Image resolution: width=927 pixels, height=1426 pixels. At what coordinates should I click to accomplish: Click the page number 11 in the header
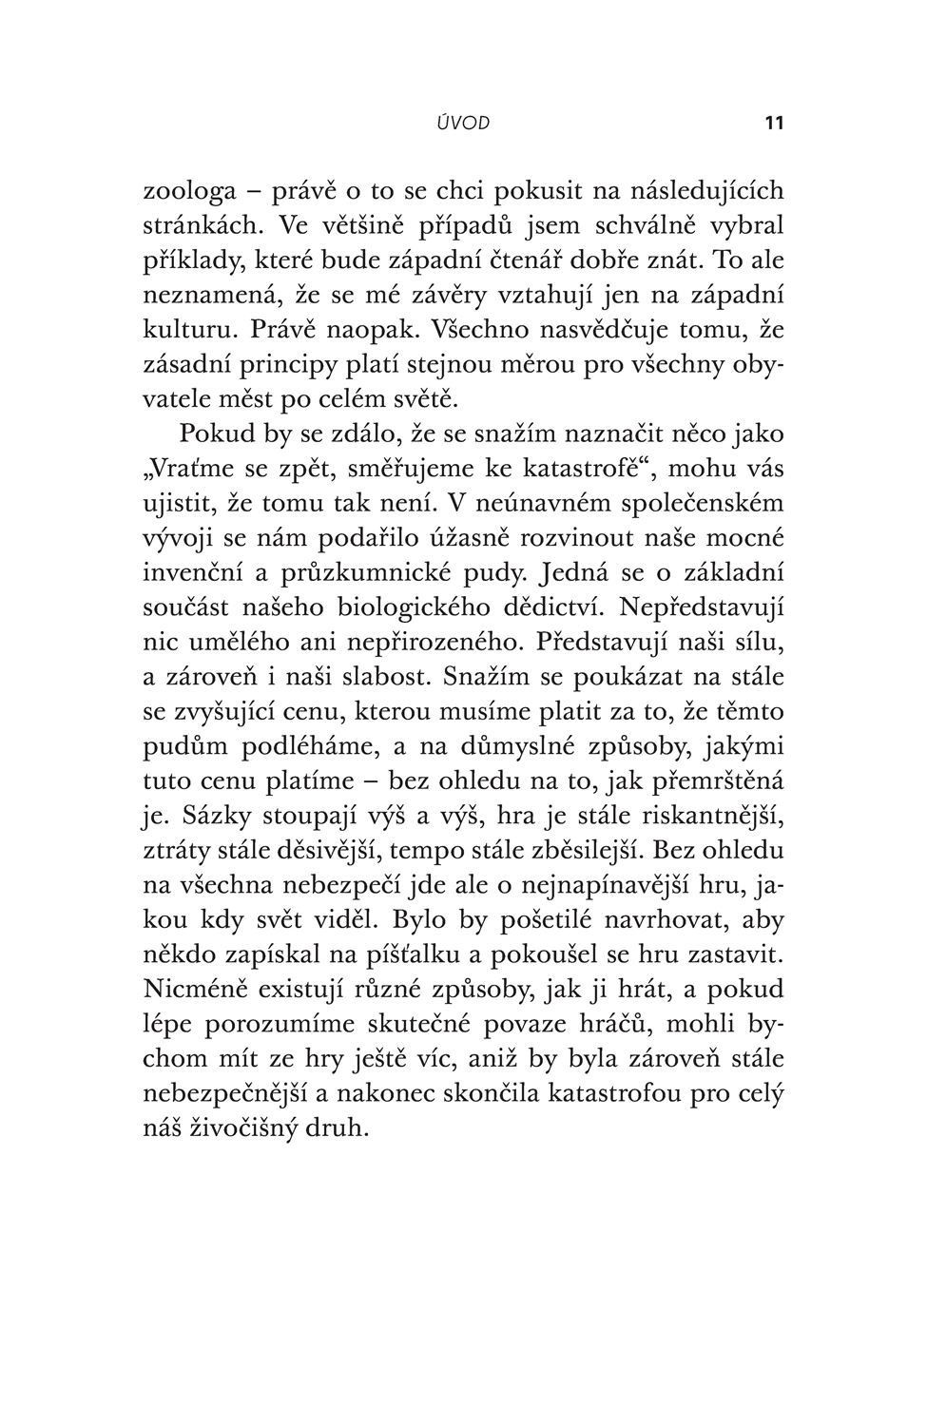point(773,123)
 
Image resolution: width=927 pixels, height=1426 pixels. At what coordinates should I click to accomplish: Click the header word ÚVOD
point(463,123)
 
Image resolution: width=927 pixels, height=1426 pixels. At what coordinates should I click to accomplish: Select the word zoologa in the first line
point(189,191)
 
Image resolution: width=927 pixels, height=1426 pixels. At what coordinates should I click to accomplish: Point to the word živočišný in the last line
point(246,1128)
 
